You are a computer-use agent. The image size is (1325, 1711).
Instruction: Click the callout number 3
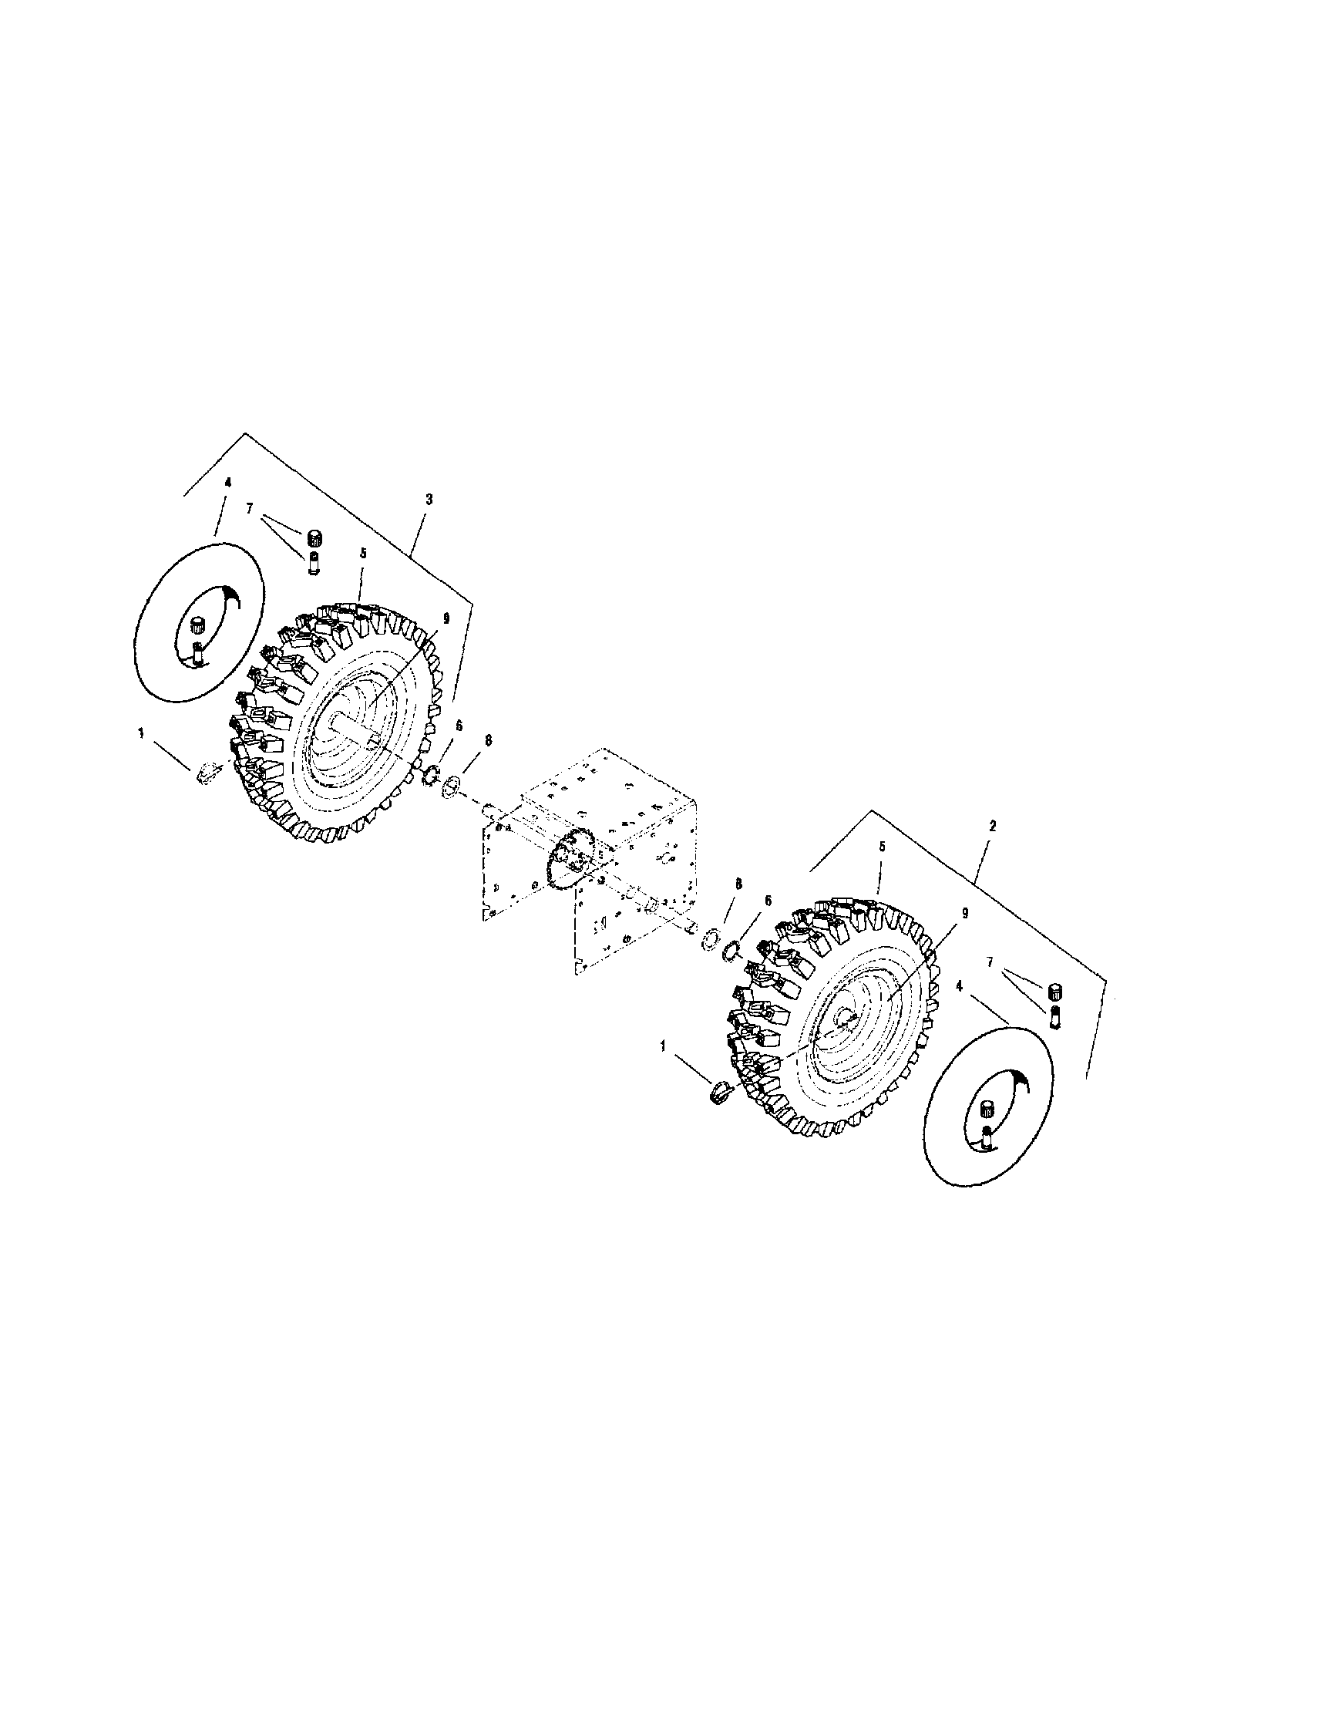(429, 499)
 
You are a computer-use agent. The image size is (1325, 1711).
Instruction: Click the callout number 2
(991, 825)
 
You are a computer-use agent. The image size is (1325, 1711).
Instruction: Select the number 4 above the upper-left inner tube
(228, 483)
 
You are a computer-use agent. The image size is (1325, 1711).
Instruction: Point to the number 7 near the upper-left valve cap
(249, 509)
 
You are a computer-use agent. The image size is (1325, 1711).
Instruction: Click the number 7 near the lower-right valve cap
(990, 963)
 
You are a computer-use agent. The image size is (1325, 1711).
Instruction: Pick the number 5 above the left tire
(362, 552)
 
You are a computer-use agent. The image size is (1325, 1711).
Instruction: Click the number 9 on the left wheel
(446, 618)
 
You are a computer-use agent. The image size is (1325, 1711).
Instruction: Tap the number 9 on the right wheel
(964, 914)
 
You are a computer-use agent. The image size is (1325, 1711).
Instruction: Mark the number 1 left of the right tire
(664, 1046)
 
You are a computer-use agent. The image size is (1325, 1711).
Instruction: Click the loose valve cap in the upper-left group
(316, 538)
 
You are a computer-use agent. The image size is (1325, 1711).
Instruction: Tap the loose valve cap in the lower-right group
(1054, 992)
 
